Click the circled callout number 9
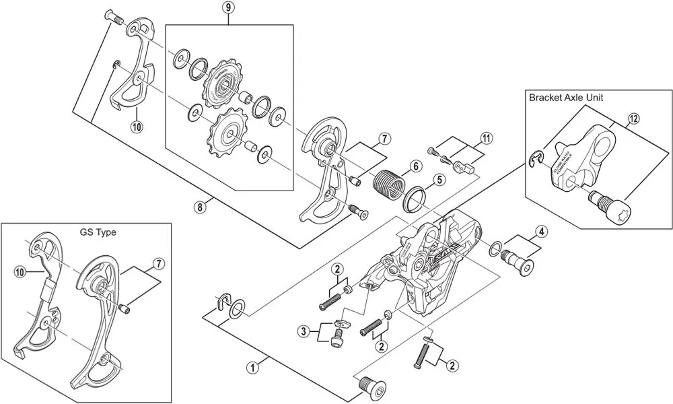(229, 8)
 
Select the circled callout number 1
(252, 368)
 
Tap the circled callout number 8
(199, 207)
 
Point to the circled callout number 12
(633, 120)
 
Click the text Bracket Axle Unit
(566, 98)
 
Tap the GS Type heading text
(98, 232)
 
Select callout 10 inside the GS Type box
(20, 271)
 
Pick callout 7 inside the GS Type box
(157, 262)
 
